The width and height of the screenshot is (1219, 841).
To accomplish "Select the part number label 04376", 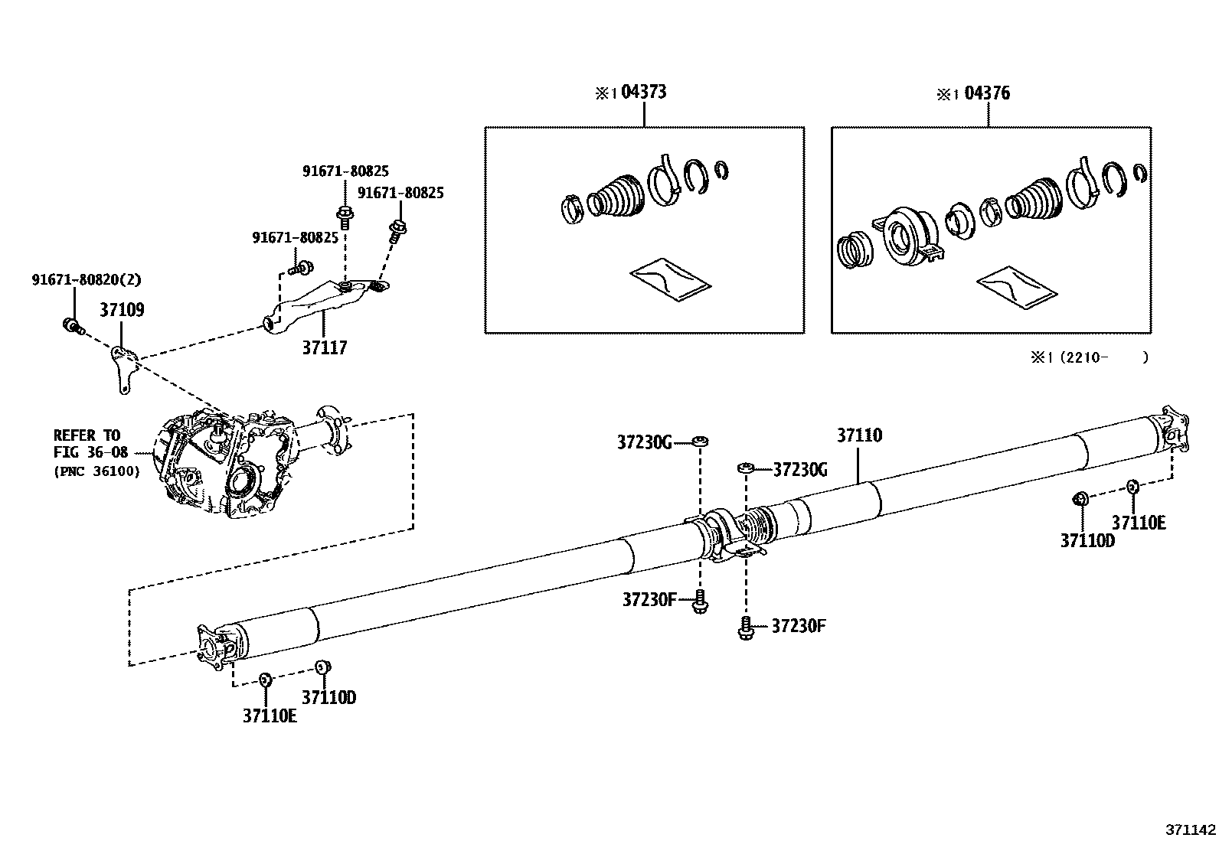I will coord(987,93).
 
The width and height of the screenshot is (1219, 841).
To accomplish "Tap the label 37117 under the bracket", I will coord(324,348).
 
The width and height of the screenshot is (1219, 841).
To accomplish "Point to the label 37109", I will coord(122,310).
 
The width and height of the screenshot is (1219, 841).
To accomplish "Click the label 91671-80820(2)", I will coord(87,280).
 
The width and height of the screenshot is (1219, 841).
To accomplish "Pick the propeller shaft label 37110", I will coord(858,435).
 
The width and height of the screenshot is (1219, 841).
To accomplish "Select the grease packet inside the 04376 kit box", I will coord(1017,286).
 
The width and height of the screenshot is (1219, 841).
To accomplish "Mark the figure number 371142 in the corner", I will coord(1190,830).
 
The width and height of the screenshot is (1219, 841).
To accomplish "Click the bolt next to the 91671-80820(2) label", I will coord(70,326).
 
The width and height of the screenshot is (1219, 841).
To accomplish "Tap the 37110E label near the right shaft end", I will coord(1138,523).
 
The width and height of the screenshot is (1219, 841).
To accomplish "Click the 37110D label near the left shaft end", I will coord(328,697).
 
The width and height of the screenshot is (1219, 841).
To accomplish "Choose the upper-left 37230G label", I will coord(644,442).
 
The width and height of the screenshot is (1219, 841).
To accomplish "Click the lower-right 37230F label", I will coord(798,626).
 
